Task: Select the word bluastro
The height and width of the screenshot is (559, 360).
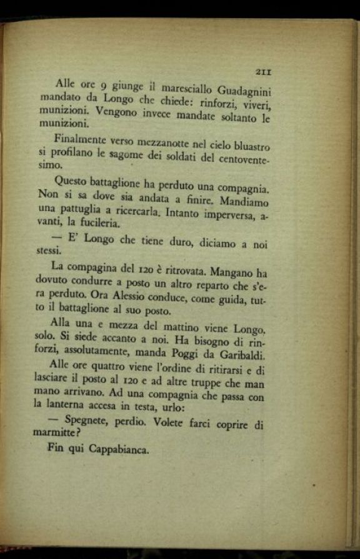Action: pyautogui.click(x=248, y=147)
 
